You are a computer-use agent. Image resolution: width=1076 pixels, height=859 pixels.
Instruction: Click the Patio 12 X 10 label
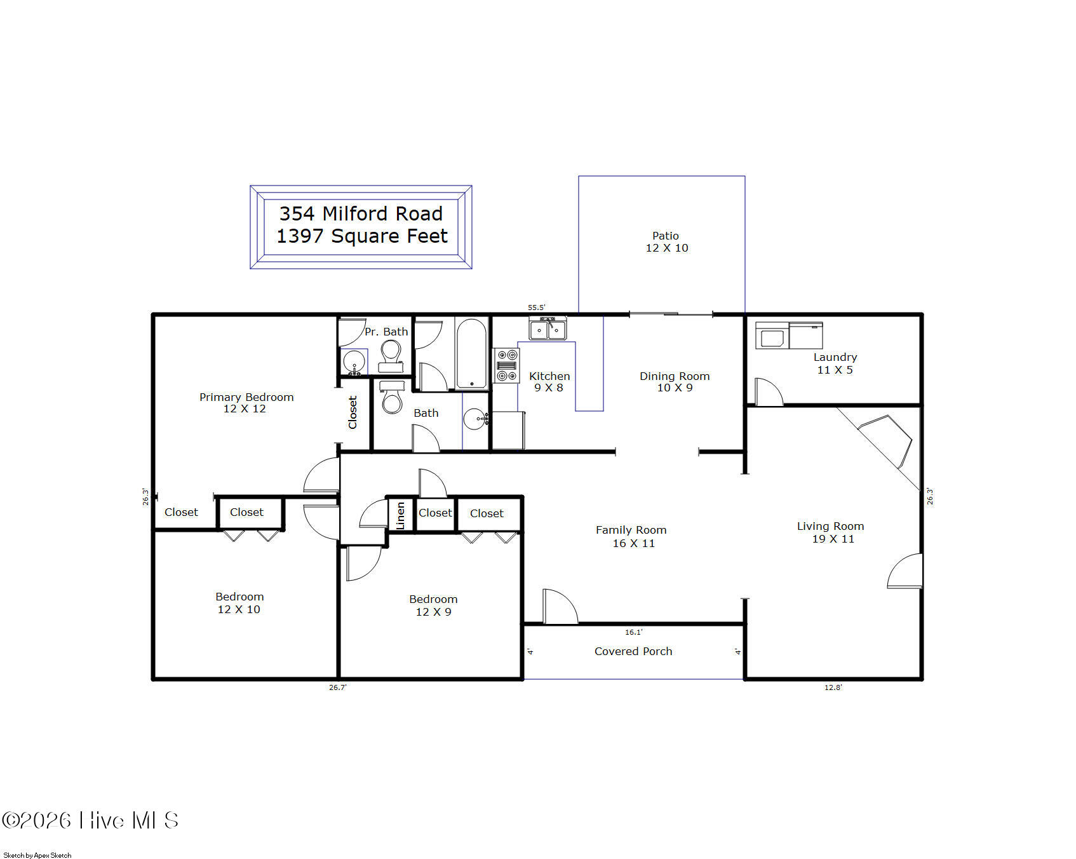[x=666, y=242]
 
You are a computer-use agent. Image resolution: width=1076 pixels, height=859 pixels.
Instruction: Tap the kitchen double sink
[x=548, y=329]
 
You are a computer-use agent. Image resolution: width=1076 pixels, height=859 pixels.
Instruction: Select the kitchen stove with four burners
[x=506, y=365]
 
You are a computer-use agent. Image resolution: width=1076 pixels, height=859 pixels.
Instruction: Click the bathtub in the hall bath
[x=471, y=353]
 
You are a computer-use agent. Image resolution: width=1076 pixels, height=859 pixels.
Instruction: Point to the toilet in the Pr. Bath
[x=391, y=356]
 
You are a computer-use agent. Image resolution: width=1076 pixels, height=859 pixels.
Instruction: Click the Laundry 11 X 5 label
[x=835, y=363]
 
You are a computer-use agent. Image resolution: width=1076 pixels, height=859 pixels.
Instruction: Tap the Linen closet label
[x=401, y=515]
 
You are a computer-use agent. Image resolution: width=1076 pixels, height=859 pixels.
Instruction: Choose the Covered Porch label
[x=633, y=651]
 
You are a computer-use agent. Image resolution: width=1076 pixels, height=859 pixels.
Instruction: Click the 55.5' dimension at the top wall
[x=537, y=308]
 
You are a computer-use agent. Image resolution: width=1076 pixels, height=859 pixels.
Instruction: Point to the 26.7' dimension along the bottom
[x=338, y=687]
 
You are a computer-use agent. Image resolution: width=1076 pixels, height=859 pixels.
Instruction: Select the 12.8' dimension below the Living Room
[x=833, y=687]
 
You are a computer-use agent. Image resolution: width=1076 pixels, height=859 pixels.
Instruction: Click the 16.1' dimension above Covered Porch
[x=634, y=632]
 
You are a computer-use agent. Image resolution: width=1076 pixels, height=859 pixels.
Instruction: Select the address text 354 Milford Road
[x=361, y=213]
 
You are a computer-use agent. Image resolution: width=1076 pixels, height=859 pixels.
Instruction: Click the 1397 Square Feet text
[x=362, y=236]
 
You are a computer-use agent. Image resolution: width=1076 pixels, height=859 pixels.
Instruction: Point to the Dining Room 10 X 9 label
[x=675, y=382]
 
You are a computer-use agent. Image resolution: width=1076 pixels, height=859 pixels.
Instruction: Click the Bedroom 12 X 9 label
[x=433, y=605]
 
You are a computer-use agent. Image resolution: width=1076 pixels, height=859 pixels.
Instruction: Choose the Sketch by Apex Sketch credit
[x=37, y=855]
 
